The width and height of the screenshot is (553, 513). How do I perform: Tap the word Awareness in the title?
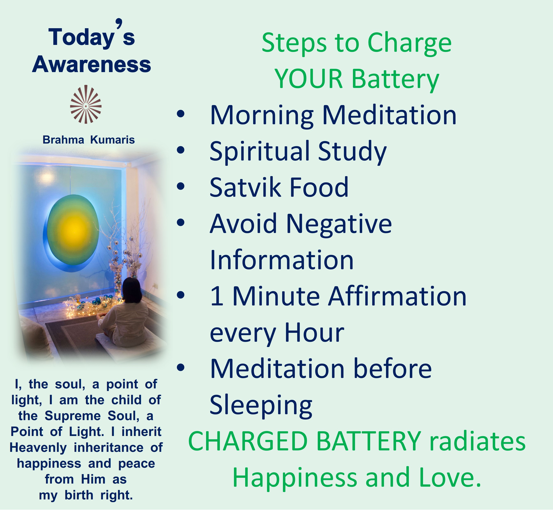tap(92, 64)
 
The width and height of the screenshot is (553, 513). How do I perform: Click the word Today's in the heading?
tap(92, 34)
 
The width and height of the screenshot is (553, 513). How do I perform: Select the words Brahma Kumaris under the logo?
tap(89, 140)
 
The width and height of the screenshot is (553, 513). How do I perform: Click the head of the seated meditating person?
tap(132, 290)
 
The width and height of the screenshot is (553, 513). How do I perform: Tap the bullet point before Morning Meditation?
tap(180, 114)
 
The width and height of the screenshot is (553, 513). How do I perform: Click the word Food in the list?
tap(319, 187)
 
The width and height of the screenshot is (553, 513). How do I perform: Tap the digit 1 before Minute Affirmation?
tap(217, 296)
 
